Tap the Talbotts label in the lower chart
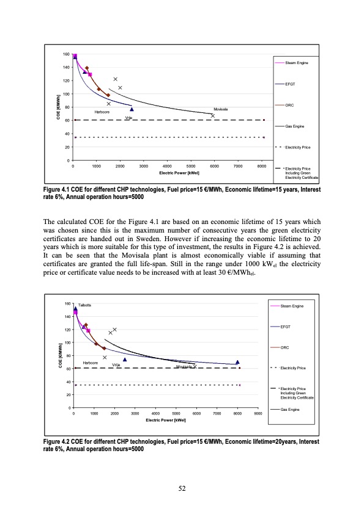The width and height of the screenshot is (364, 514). (x=85, y=304)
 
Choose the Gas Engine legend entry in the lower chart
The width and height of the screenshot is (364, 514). (x=291, y=408)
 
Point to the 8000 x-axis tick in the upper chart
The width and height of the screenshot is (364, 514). (x=262, y=166)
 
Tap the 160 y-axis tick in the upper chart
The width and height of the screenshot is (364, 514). (x=66, y=56)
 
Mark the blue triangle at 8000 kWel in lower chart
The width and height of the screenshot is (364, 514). (x=237, y=362)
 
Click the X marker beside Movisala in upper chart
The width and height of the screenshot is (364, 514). (x=213, y=115)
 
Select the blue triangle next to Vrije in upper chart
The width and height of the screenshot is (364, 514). (x=132, y=109)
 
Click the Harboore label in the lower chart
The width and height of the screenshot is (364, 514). (x=91, y=363)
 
